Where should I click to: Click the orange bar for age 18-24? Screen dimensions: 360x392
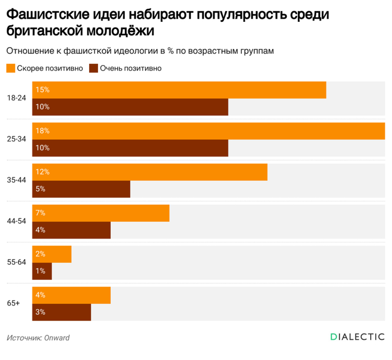[179, 90]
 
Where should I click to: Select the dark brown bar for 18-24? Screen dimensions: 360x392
[130, 107]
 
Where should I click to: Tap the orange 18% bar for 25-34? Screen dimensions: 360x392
[208, 130]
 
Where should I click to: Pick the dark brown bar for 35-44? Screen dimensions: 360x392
[81, 189]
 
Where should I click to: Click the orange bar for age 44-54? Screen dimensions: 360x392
[101, 213]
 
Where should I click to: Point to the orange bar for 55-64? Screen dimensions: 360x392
[52, 254]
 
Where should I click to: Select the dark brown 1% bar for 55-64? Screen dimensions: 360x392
[42, 271]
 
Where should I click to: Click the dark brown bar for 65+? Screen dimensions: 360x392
[62, 312]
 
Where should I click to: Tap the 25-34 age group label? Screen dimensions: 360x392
[17, 139]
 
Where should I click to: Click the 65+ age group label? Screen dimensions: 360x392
[13, 303]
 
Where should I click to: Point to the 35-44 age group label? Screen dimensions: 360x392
[17, 180]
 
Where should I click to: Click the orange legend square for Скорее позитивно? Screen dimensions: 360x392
[11, 68]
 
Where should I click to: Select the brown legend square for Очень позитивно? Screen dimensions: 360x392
[94, 68]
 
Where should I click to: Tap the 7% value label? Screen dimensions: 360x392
[40, 213]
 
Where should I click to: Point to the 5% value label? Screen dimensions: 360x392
[40, 189]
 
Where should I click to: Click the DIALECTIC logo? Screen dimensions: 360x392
[357, 337]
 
